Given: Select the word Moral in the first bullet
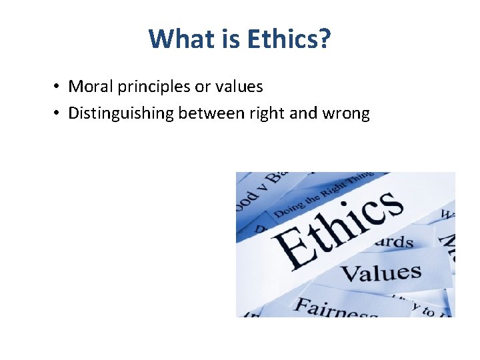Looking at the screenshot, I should tap(89, 87).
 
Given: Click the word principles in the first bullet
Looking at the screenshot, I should tap(147, 87).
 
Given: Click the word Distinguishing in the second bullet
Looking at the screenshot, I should tap(121, 114).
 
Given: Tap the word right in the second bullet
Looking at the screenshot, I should tap(268, 114).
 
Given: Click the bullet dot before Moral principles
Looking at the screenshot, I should tap(59, 87).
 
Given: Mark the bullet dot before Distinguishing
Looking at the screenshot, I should tap(59, 114).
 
